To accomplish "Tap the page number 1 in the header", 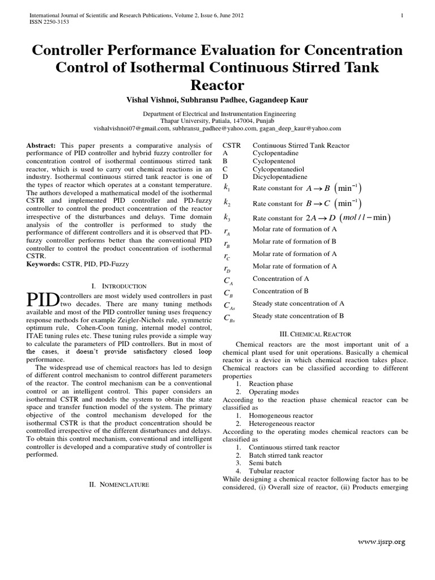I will pos(402,15).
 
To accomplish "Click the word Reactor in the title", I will pos(217,86).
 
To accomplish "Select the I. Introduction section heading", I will pos(119,286).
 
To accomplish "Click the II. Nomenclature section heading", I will pos(119,485).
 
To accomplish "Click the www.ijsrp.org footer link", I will pos(382,543).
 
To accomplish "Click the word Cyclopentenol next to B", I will pos(275,160).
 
